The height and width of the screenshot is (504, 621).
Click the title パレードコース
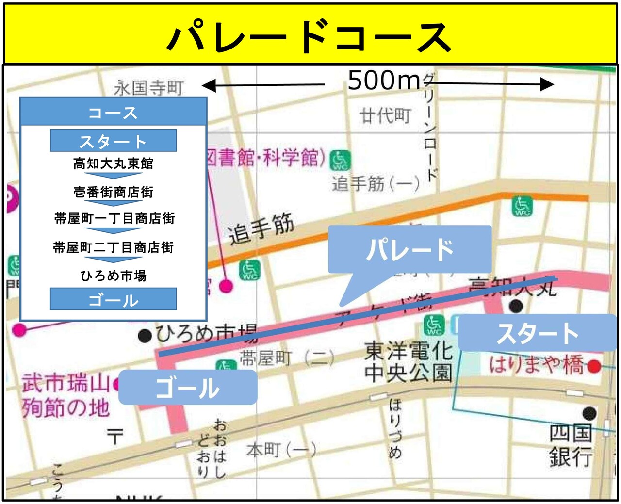tap(310, 37)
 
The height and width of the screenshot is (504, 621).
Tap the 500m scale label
tap(384, 80)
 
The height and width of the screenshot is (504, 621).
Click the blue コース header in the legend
tap(114, 113)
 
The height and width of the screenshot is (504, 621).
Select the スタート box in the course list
tap(114, 141)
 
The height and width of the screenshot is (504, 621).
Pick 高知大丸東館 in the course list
tap(114, 163)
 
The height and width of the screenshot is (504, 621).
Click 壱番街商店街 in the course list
tap(114, 192)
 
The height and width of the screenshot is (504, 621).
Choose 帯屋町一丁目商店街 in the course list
tap(114, 218)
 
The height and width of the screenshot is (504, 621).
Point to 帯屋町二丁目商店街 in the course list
tap(114, 247)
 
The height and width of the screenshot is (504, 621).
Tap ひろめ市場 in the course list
tap(114, 276)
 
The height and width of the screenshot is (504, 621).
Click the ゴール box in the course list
tap(114, 300)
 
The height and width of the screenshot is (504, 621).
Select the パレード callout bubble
tap(409, 249)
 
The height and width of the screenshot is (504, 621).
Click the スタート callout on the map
tap(537, 333)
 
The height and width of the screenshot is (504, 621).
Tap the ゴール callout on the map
tap(188, 388)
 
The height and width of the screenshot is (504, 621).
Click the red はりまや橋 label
tap(536, 364)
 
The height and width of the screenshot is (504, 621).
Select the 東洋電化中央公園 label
tap(409, 361)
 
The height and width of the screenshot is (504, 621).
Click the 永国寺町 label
tap(149, 88)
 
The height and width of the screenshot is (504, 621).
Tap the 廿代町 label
tap(385, 116)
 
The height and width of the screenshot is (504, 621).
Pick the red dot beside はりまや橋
tap(594, 366)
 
